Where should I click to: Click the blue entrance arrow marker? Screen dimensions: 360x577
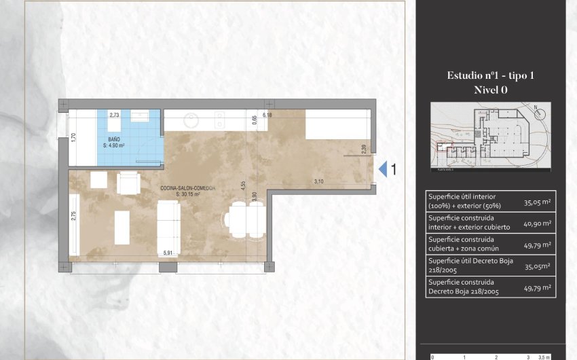382,168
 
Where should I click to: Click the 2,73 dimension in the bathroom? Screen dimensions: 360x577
115,115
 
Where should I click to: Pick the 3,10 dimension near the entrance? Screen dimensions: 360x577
318,181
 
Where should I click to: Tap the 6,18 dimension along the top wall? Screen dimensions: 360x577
267,115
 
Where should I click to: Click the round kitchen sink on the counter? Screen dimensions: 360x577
191,121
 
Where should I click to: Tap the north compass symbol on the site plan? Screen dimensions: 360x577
537,109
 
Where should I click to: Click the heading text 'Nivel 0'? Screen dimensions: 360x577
490,89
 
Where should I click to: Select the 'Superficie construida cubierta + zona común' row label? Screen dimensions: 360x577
461,244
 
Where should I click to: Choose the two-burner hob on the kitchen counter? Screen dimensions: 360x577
220,120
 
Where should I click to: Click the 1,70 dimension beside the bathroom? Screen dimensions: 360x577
73,137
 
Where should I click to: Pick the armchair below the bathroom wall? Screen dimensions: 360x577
128,182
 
